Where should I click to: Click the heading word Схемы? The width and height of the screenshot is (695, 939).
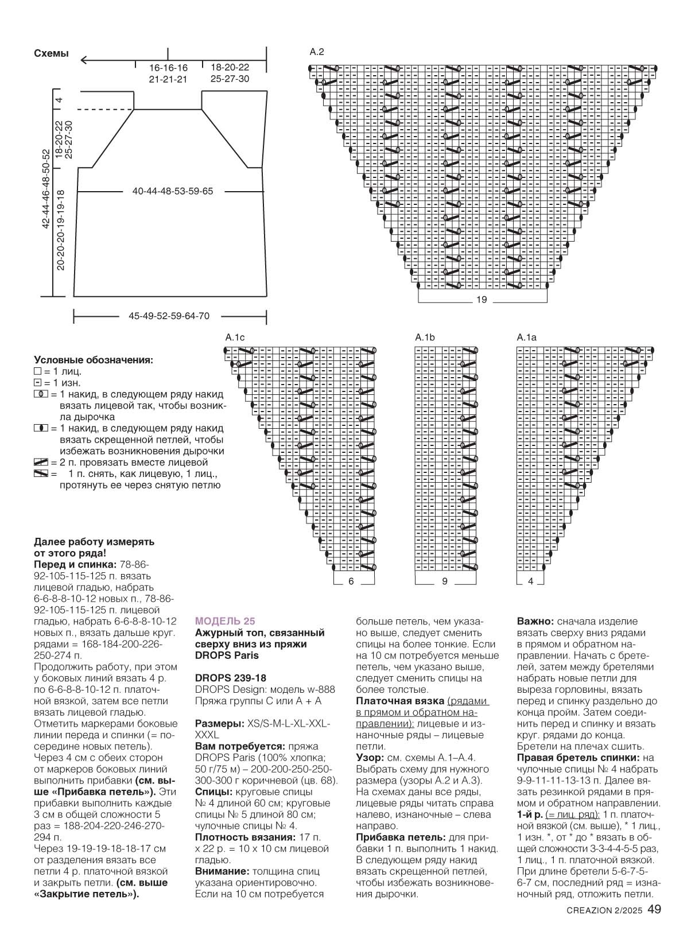click(x=51, y=54)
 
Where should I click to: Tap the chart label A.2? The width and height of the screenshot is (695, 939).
click(x=317, y=52)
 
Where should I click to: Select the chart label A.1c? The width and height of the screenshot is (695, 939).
click(x=235, y=337)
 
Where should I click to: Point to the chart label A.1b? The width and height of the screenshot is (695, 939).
click(x=425, y=337)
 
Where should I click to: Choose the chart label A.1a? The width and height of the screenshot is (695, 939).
click(x=526, y=337)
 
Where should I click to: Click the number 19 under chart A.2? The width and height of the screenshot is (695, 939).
click(x=481, y=300)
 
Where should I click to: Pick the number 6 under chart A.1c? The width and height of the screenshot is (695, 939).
click(x=351, y=581)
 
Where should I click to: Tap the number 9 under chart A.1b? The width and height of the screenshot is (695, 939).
click(x=445, y=581)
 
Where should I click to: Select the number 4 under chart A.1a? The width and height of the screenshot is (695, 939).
click(x=530, y=581)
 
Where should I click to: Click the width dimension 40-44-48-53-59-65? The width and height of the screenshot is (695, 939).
click(x=172, y=191)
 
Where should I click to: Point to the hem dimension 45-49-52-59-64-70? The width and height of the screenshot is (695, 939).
click(x=169, y=316)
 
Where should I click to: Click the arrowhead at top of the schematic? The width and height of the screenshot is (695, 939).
click(x=84, y=59)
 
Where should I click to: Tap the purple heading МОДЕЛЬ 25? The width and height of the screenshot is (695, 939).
click(x=225, y=621)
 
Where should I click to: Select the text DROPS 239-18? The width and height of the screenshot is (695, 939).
click(x=231, y=678)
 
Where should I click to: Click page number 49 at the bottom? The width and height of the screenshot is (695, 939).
click(x=655, y=925)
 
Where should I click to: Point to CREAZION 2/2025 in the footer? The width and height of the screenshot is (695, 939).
click(x=604, y=926)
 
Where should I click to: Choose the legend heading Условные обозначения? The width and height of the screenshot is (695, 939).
click(x=94, y=360)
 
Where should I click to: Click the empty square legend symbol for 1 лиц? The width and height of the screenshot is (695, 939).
click(x=38, y=372)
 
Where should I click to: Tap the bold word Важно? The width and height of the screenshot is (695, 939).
click(x=535, y=621)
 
